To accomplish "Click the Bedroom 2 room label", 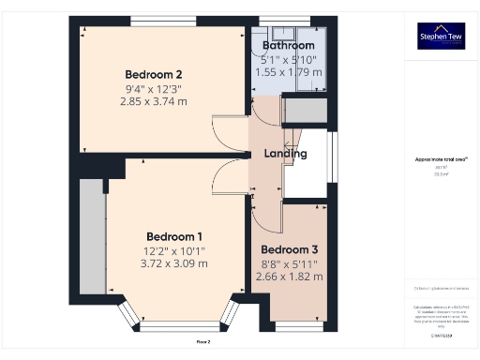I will coord(154,75).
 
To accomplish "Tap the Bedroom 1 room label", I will coord(174,236).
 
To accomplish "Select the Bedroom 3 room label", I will coord(290,249).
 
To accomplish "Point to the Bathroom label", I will coord(288,45).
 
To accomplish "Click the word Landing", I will coord(285,154).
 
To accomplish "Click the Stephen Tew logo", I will coord(441,36).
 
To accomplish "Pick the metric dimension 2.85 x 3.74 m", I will coord(154,101).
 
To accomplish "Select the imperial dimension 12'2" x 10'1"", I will coord(174,250).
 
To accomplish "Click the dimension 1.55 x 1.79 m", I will coord(288,71).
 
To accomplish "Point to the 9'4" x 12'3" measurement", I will coord(154,89).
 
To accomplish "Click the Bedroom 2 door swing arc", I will coord(229,131).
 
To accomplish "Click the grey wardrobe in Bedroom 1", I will coord(91,236).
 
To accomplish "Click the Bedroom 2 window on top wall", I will coord(157,21).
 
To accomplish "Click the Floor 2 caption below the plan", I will coord(202,342).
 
